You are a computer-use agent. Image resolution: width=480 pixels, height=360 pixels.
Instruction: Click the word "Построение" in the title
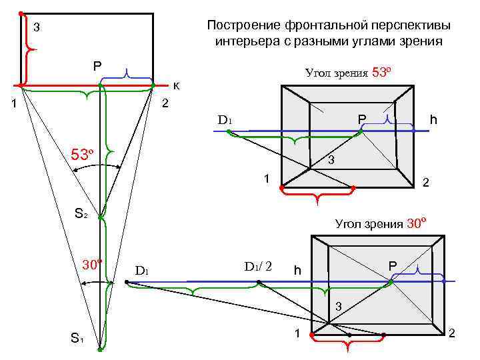click(x=243, y=25)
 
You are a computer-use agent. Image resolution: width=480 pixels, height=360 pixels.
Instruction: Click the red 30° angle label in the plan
click(x=91, y=263)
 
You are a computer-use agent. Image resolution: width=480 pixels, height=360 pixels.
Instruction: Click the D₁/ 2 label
click(x=259, y=266)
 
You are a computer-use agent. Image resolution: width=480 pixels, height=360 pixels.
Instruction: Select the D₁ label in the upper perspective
click(x=224, y=121)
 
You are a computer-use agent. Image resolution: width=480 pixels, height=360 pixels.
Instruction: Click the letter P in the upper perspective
click(x=362, y=119)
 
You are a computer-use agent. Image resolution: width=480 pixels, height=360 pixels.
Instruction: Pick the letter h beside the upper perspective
click(x=433, y=120)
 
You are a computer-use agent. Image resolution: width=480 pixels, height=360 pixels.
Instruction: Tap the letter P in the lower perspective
click(x=393, y=266)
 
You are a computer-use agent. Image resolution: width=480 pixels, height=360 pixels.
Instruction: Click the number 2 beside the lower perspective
click(x=452, y=332)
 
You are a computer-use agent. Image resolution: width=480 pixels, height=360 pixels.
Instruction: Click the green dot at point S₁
click(x=99, y=349)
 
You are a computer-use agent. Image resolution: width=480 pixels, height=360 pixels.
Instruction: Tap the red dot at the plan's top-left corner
click(x=21, y=13)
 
